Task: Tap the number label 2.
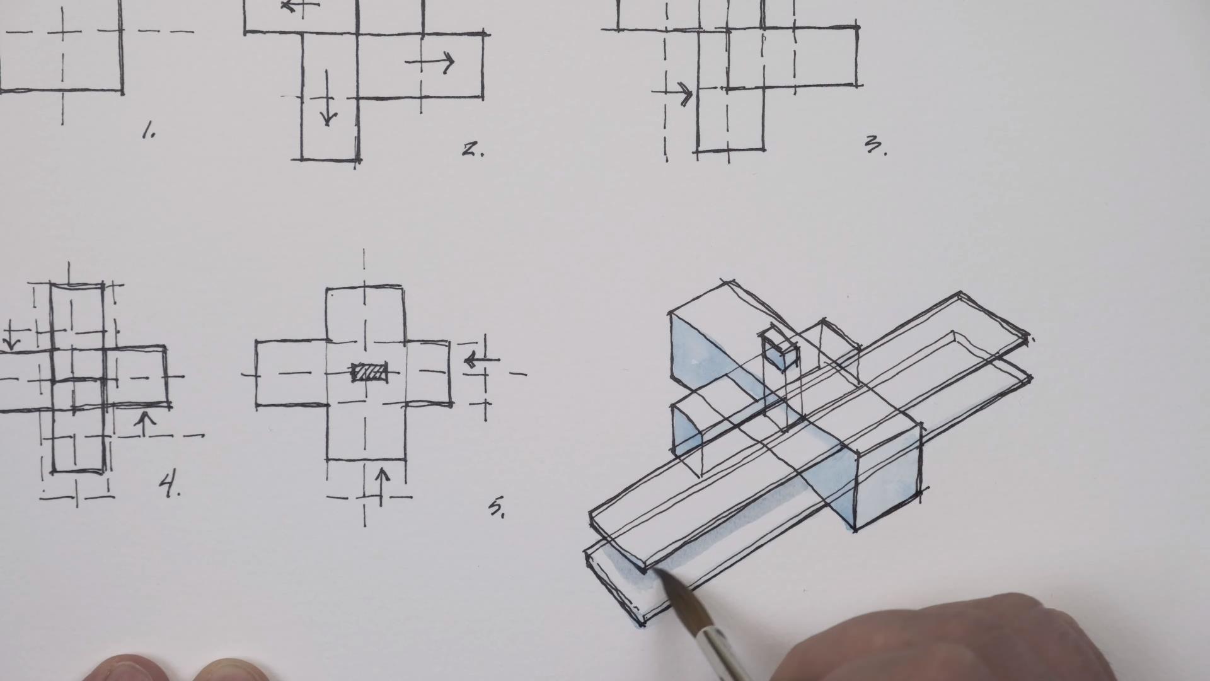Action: (472, 150)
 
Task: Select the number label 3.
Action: (875, 146)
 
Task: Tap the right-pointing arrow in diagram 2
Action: (430, 62)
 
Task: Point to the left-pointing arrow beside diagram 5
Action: (481, 360)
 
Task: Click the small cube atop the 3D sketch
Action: (779, 349)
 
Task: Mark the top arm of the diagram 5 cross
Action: (365, 313)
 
